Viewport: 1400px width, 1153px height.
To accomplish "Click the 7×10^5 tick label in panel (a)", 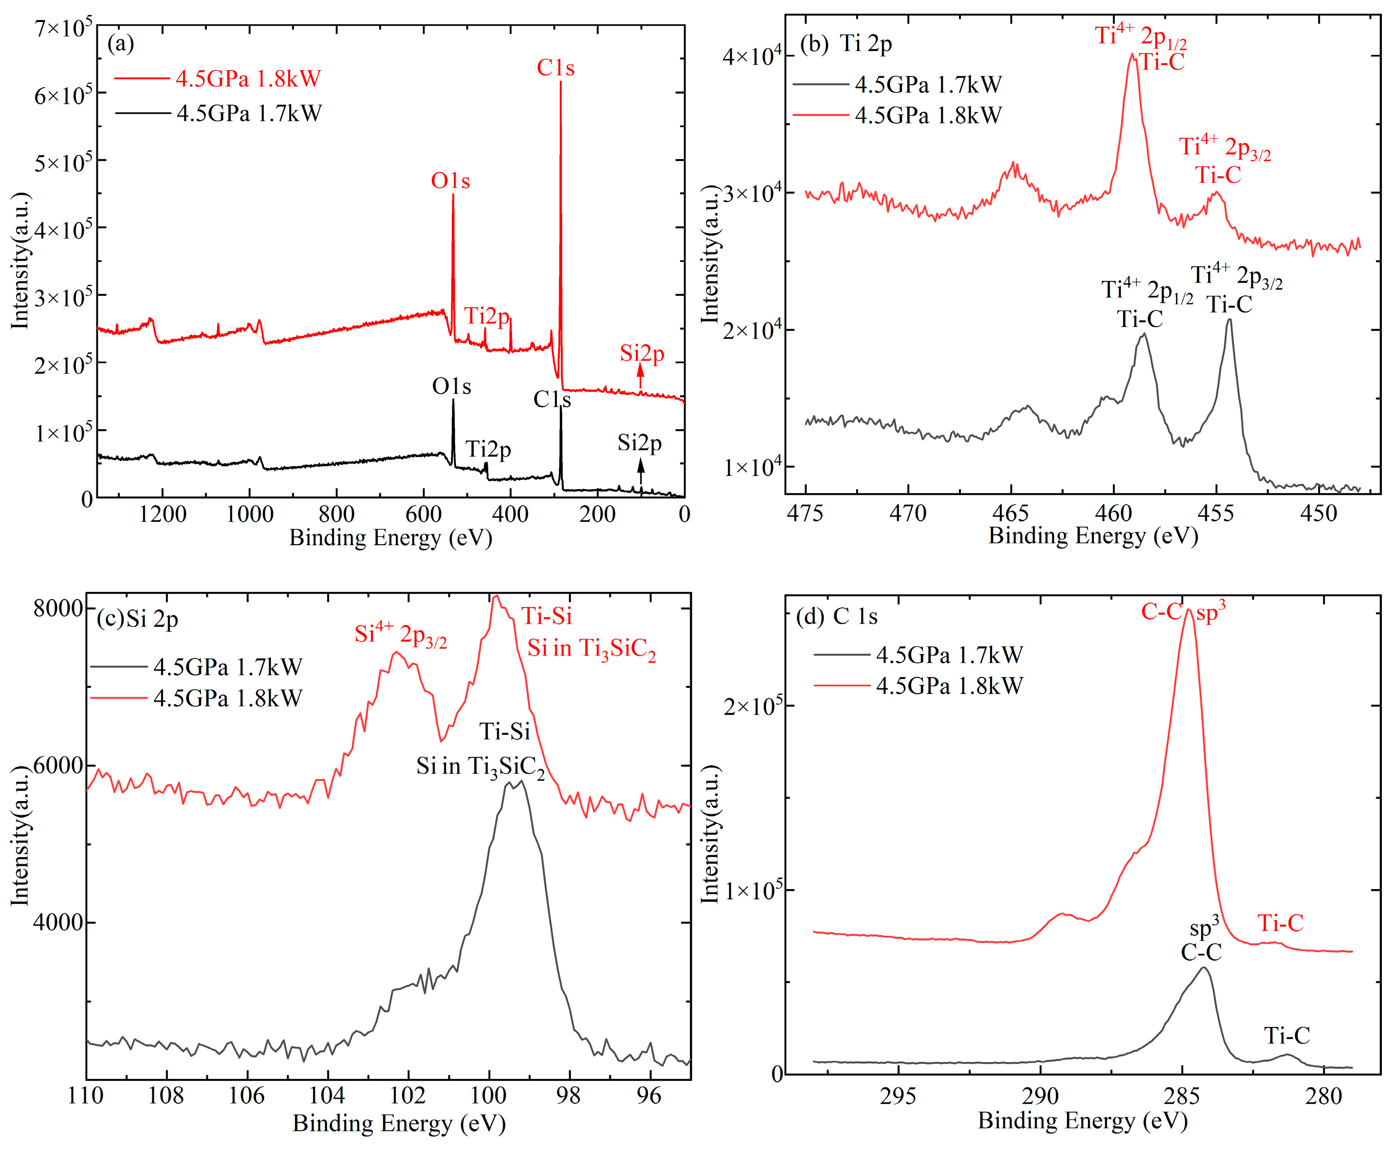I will click(63, 28).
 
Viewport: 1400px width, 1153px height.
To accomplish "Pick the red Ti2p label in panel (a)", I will click(487, 316).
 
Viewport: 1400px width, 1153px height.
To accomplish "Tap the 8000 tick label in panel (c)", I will click(58, 608).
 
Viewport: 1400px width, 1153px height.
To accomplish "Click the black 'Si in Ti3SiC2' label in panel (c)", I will click(480, 767).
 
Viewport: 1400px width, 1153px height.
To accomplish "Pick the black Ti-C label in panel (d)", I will click(1287, 1035).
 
